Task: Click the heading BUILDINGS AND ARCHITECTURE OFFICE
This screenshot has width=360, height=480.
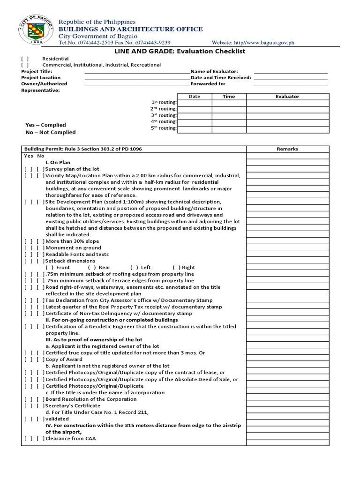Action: click(x=130, y=29)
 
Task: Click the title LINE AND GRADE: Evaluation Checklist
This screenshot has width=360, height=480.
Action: click(x=180, y=51)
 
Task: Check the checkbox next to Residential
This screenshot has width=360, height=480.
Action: click(x=25, y=59)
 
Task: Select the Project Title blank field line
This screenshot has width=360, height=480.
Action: click(x=137, y=71)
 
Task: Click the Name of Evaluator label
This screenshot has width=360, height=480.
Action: click(x=214, y=71)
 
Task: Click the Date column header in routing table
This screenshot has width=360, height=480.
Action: click(x=194, y=97)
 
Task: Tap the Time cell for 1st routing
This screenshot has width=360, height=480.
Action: click(x=229, y=103)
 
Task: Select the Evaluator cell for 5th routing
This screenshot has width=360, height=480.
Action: click(x=287, y=128)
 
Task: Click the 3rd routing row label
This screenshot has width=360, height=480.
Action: click(x=164, y=115)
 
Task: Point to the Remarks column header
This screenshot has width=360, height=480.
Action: click(x=287, y=149)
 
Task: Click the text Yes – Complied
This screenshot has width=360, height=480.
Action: click(x=45, y=125)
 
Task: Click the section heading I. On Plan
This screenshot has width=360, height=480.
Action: click(x=58, y=162)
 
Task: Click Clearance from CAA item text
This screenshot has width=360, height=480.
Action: click(x=70, y=439)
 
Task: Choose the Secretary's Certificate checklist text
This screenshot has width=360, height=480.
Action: click(x=73, y=405)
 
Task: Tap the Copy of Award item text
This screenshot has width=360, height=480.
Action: click(x=65, y=359)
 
